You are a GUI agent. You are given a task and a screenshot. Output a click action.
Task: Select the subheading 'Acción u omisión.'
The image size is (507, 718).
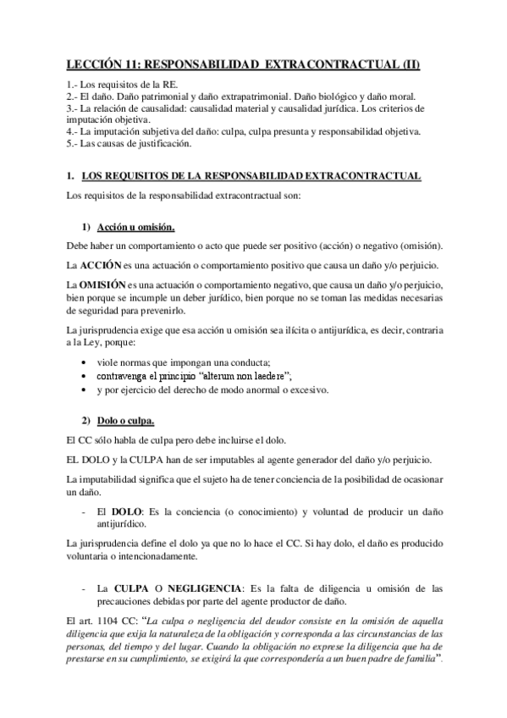135,228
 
